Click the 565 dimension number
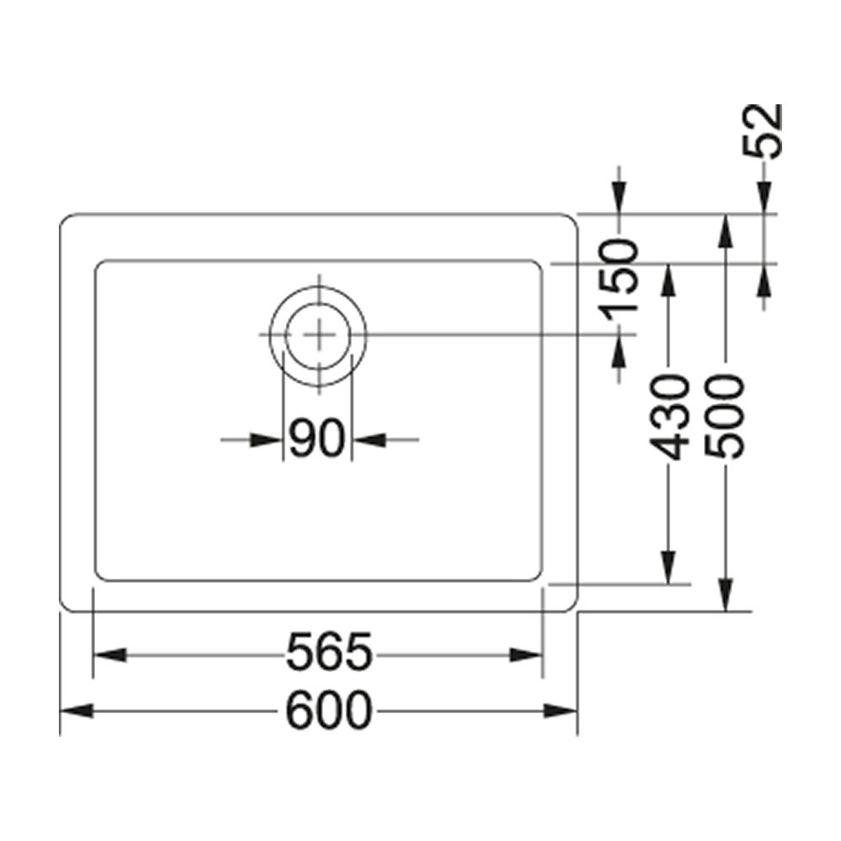coord(329,653)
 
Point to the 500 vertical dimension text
coord(725,417)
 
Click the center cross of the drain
coord(319,335)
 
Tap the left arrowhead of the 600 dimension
coord(77,711)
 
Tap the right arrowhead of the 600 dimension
coord(560,711)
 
